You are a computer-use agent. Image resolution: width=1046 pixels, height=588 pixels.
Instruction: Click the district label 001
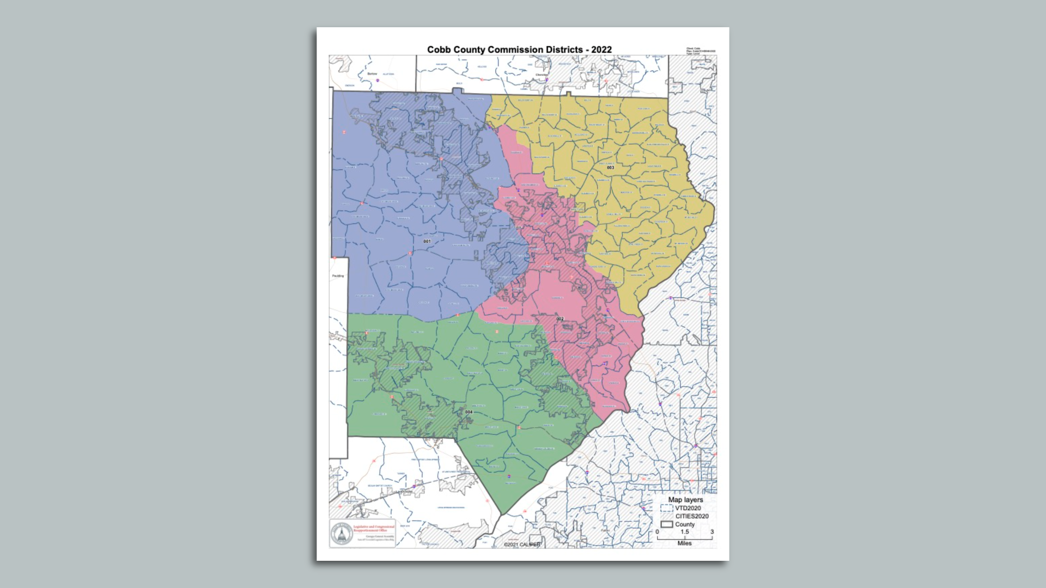click(427, 241)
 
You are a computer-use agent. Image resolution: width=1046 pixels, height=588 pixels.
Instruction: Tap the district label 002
click(560, 319)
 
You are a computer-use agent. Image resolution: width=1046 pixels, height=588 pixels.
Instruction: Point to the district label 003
click(610, 168)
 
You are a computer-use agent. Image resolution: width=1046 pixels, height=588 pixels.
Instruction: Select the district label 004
click(469, 412)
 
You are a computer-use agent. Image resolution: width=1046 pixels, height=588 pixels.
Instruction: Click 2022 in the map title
click(601, 50)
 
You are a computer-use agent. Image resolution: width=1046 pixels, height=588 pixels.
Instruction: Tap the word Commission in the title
click(513, 50)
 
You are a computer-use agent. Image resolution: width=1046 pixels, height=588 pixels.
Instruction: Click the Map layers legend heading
click(685, 500)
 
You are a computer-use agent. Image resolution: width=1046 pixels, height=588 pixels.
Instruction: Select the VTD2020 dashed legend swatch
click(666, 508)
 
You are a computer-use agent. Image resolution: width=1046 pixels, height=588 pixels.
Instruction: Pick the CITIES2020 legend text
click(692, 516)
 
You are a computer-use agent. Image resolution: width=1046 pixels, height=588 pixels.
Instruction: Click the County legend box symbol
click(667, 524)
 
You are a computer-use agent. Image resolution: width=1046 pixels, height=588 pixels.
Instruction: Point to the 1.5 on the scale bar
click(684, 532)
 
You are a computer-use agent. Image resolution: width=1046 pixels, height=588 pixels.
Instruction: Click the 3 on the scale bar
click(711, 532)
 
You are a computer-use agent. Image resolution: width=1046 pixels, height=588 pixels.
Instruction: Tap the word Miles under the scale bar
click(684, 543)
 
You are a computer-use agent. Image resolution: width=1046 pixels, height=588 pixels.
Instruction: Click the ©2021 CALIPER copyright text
click(522, 544)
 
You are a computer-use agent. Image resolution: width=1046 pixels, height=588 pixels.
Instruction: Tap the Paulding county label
click(338, 276)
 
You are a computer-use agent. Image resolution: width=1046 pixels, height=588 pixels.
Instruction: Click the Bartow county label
click(372, 73)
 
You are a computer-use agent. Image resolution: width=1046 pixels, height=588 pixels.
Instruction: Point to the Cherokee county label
click(542, 75)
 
